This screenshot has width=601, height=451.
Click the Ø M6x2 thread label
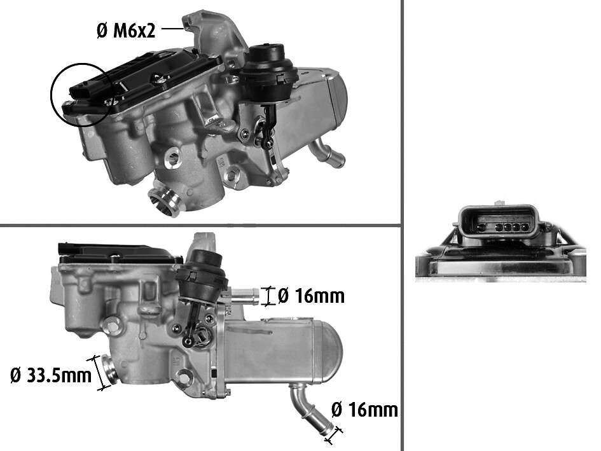coord(125,30)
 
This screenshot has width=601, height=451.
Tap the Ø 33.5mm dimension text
coord(51,375)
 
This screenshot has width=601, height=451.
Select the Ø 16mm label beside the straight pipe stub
coord(311,296)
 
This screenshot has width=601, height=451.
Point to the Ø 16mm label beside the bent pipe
coord(364,409)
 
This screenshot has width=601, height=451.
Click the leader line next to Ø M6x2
coord(170,28)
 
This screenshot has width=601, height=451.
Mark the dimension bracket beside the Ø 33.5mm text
coord(99,373)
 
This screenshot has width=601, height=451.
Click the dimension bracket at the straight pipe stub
coord(270,296)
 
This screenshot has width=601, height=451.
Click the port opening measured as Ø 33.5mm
coord(108,371)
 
